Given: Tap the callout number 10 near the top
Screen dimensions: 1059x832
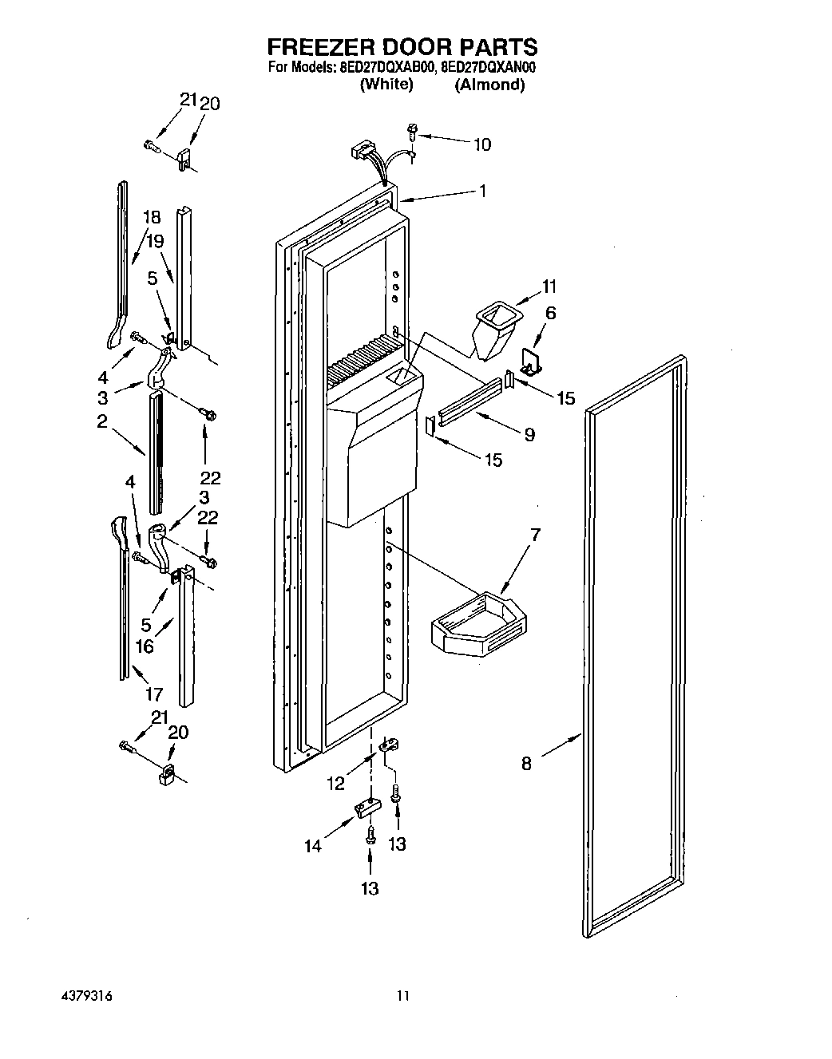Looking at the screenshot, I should (482, 144).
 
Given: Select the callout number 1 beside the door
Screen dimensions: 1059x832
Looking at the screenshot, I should (482, 191).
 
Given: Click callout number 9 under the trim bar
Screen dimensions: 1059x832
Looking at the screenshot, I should (529, 435).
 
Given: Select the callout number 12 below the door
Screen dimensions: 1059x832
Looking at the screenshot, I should (336, 784).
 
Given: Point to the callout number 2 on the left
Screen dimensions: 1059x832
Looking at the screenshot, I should (102, 422).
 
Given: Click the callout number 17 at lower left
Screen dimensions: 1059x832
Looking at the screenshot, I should (154, 694).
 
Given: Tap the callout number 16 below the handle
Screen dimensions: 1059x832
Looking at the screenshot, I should (145, 646).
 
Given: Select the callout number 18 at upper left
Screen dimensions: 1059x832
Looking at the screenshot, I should (152, 217).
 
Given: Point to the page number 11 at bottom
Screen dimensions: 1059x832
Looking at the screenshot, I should (403, 996).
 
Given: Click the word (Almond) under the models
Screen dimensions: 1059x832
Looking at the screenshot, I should (489, 85).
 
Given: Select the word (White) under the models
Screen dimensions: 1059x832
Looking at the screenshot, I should (386, 85).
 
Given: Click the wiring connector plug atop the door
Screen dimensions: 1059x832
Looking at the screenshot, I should (363, 152).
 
